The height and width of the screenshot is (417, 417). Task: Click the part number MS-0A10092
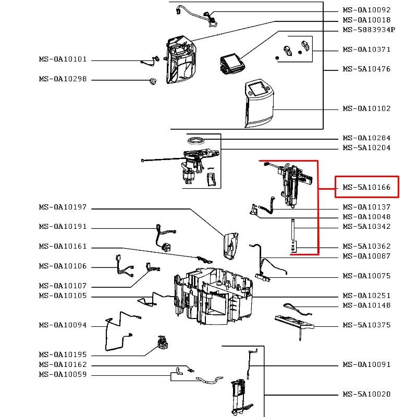click(366, 10)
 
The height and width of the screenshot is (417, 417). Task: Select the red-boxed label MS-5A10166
click(366, 187)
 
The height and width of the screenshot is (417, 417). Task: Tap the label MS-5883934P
click(369, 30)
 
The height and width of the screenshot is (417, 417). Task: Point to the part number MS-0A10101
click(63, 59)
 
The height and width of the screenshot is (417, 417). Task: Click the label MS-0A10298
click(63, 79)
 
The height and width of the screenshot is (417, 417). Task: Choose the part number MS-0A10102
click(366, 108)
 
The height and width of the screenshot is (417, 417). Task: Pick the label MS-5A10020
click(366, 394)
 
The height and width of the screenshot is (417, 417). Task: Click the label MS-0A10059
click(63, 374)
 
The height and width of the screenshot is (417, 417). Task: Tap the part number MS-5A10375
click(366, 325)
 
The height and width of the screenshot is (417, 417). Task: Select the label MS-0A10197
click(63, 207)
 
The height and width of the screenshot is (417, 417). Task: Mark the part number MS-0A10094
click(63, 325)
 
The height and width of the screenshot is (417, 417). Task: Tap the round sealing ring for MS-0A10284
click(197, 140)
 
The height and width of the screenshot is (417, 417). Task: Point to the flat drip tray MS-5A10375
click(295, 324)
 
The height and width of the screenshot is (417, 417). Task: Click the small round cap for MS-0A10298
click(153, 80)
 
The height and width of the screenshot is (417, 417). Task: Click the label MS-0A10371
click(366, 50)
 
